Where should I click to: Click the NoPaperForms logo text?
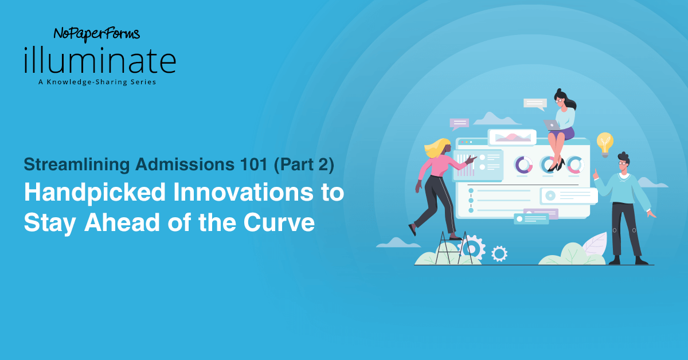point(96,35)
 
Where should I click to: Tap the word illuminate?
point(100,61)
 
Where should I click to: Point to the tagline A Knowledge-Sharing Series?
point(97,82)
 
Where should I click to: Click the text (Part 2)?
point(304,165)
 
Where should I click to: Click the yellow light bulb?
point(604,142)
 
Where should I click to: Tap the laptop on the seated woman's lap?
point(552,124)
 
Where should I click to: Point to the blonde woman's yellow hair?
point(436,148)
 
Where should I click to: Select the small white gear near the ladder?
point(499,253)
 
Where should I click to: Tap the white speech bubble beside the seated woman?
point(535,104)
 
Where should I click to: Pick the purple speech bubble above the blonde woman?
point(459,123)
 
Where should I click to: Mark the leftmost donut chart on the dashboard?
point(523,165)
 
